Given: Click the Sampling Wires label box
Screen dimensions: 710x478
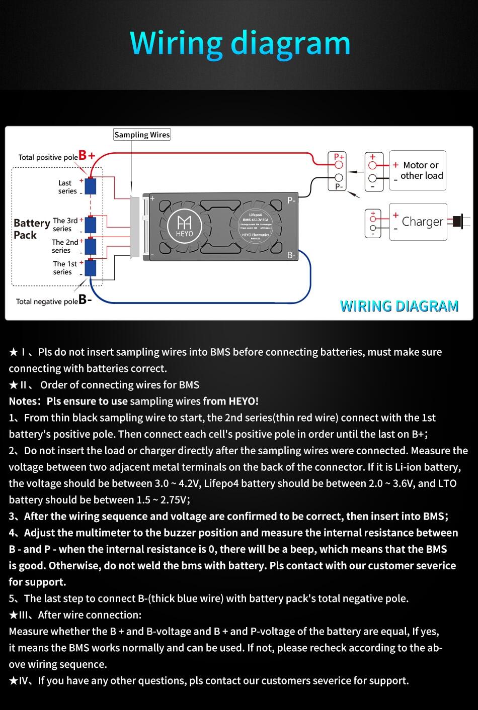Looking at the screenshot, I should pos(142,135).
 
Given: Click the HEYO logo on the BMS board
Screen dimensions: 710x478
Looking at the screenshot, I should pos(184,224).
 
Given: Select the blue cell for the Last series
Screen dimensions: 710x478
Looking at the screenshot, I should pos(91,186).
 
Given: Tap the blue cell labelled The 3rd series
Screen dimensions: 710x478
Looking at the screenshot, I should pos(91,225).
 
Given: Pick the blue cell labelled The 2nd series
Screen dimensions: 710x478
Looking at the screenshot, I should pos(91,246).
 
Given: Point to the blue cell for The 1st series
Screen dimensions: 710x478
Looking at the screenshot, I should pos(91,267).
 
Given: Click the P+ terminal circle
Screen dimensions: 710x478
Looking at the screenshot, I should pos(339,165).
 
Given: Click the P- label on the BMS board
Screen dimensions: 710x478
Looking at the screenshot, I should pos(291,200).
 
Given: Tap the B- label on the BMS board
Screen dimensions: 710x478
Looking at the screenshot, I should pos(291,255).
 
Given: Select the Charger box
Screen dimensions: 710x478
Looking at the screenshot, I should pos(418,222).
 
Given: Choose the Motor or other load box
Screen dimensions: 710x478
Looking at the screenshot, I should pos(418,170).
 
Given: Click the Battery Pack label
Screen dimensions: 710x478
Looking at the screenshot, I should pos(31,229).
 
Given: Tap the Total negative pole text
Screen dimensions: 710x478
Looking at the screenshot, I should pos(47,301).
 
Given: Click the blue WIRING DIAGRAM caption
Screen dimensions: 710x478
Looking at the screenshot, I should pos(399,306).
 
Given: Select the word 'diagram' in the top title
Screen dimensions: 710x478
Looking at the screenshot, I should pos(291,43).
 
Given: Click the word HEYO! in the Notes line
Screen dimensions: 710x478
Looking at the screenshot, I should pos(244,401).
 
